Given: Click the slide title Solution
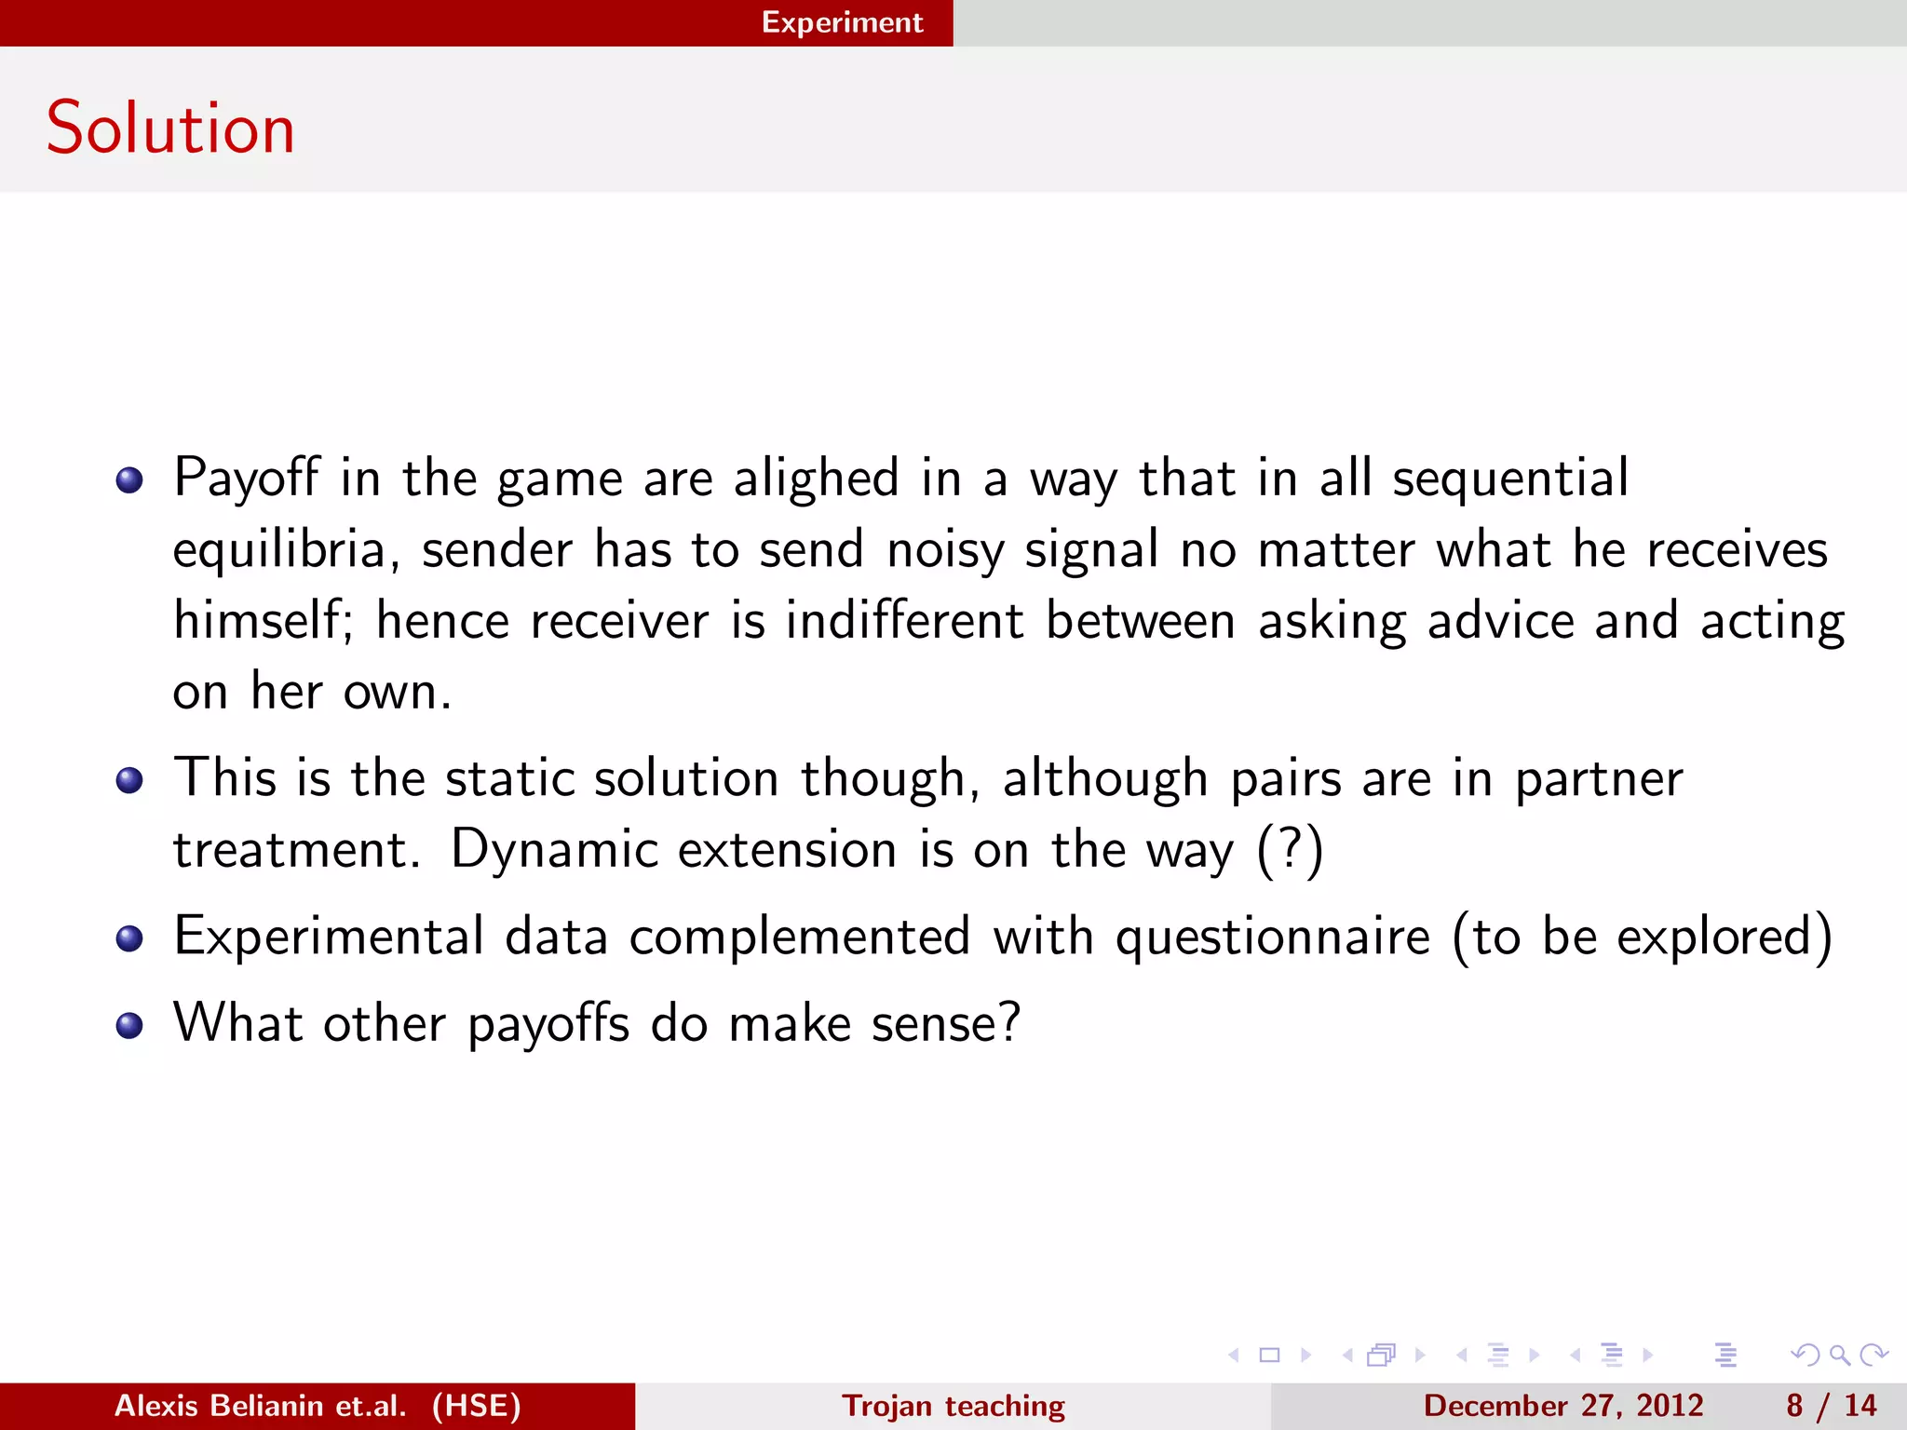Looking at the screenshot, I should pyautogui.click(x=170, y=128).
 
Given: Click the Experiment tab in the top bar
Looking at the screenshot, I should pyautogui.click(x=842, y=22).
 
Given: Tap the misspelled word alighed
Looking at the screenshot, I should pyautogui.click(x=816, y=479).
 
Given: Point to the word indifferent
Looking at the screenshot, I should pyautogui.click(x=903, y=621).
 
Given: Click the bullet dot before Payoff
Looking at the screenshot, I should pyautogui.click(x=129, y=480).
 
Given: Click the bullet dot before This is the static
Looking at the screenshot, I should pyautogui.click(x=129, y=780).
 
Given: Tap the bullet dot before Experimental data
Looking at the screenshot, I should pyautogui.click(x=129, y=938).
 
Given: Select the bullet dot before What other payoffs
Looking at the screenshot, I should pyautogui.click(x=129, y=1025).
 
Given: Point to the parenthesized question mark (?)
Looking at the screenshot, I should pyautogui.click(x=1290, y=850).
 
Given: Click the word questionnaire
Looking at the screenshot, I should pyautogui.click(x=1272, y=938).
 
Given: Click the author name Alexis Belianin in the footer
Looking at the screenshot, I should pyautogui.click(x=260, y=1406).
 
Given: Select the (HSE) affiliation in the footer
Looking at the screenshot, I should pyautogui.click(x=476, y=1406).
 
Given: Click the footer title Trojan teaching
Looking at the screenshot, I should pyautogui.click(x=953, y=1406).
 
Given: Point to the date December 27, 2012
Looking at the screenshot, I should pyautogui.click(x=1562, y=1406).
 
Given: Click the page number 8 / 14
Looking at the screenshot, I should pyautogui.click(x=1831, y=1406).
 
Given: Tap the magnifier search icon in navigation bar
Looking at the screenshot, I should pyautogui.click(x=1839, y=1355).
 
